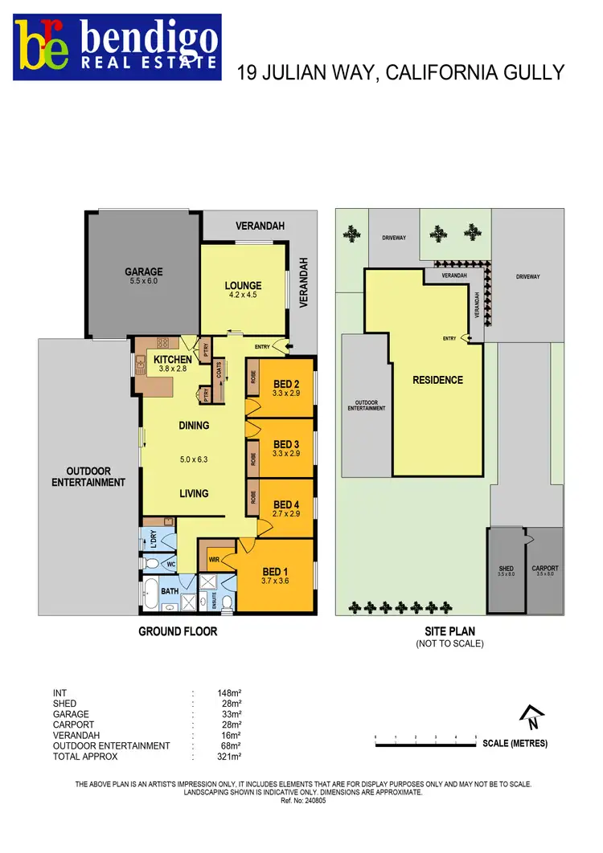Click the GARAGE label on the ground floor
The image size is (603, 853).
pos(143,272)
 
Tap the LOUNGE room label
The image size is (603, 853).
pos(243,286)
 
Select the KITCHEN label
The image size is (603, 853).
pos(173,359)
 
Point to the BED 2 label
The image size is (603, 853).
pos(286,383)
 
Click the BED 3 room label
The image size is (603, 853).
pos(286,444)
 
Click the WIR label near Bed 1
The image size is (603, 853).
pos(215,558)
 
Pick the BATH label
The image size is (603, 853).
pos(170,592)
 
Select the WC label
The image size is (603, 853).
pos(170,565)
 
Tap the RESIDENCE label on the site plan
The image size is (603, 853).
pos(437,379)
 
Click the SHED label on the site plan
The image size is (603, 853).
pos(506,569)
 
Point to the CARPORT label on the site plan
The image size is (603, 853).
pos(544,569)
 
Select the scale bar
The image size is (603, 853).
pos(425,743)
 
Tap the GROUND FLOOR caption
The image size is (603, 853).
pos(178,631)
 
